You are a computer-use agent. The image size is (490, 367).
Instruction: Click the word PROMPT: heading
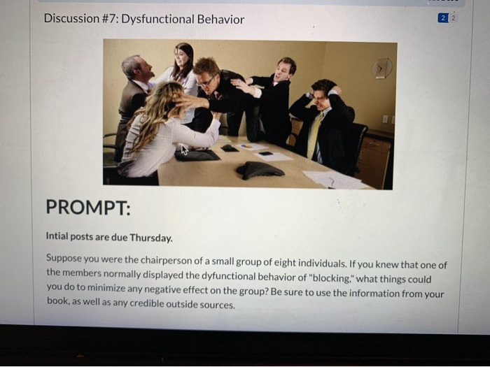[x=87, y=208]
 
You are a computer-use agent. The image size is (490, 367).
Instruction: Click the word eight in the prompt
[x=300, y=265]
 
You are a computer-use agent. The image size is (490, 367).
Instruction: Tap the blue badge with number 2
[x=442, y=19]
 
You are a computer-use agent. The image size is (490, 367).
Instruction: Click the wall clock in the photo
[x=381, y=69]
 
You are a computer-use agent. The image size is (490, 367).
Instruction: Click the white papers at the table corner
[x=336, y=180]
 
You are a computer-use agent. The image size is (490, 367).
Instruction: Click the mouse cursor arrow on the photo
[x=185, y=149]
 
